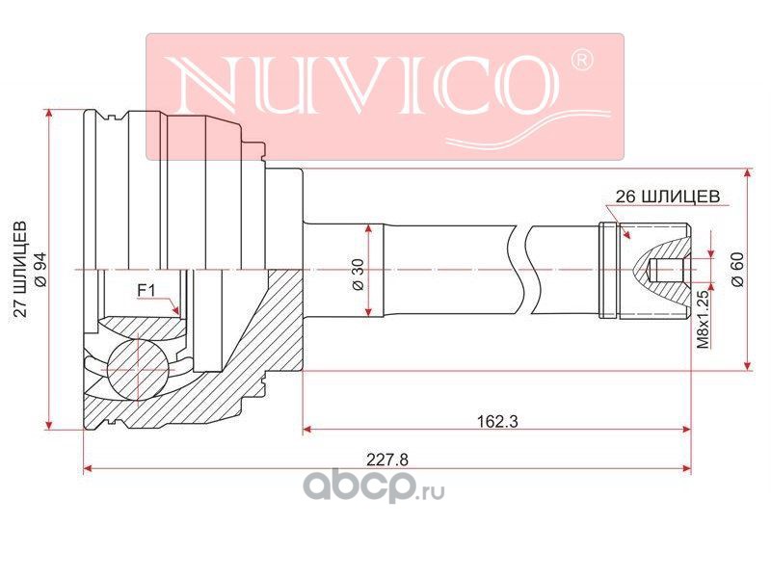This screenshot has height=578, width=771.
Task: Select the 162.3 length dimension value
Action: coord(497,421)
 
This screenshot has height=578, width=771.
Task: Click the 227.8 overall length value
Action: coord(387,460)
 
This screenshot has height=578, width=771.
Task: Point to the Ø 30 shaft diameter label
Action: coord(358,275)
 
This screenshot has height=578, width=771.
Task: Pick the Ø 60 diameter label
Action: coord(737,270)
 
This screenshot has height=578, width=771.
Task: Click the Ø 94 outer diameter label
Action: coord(40,270)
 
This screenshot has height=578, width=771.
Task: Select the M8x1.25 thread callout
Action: coord(705,320)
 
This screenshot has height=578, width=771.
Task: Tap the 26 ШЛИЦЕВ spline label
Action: coord(668,197)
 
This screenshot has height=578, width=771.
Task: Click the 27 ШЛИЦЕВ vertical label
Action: coord(20,270)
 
